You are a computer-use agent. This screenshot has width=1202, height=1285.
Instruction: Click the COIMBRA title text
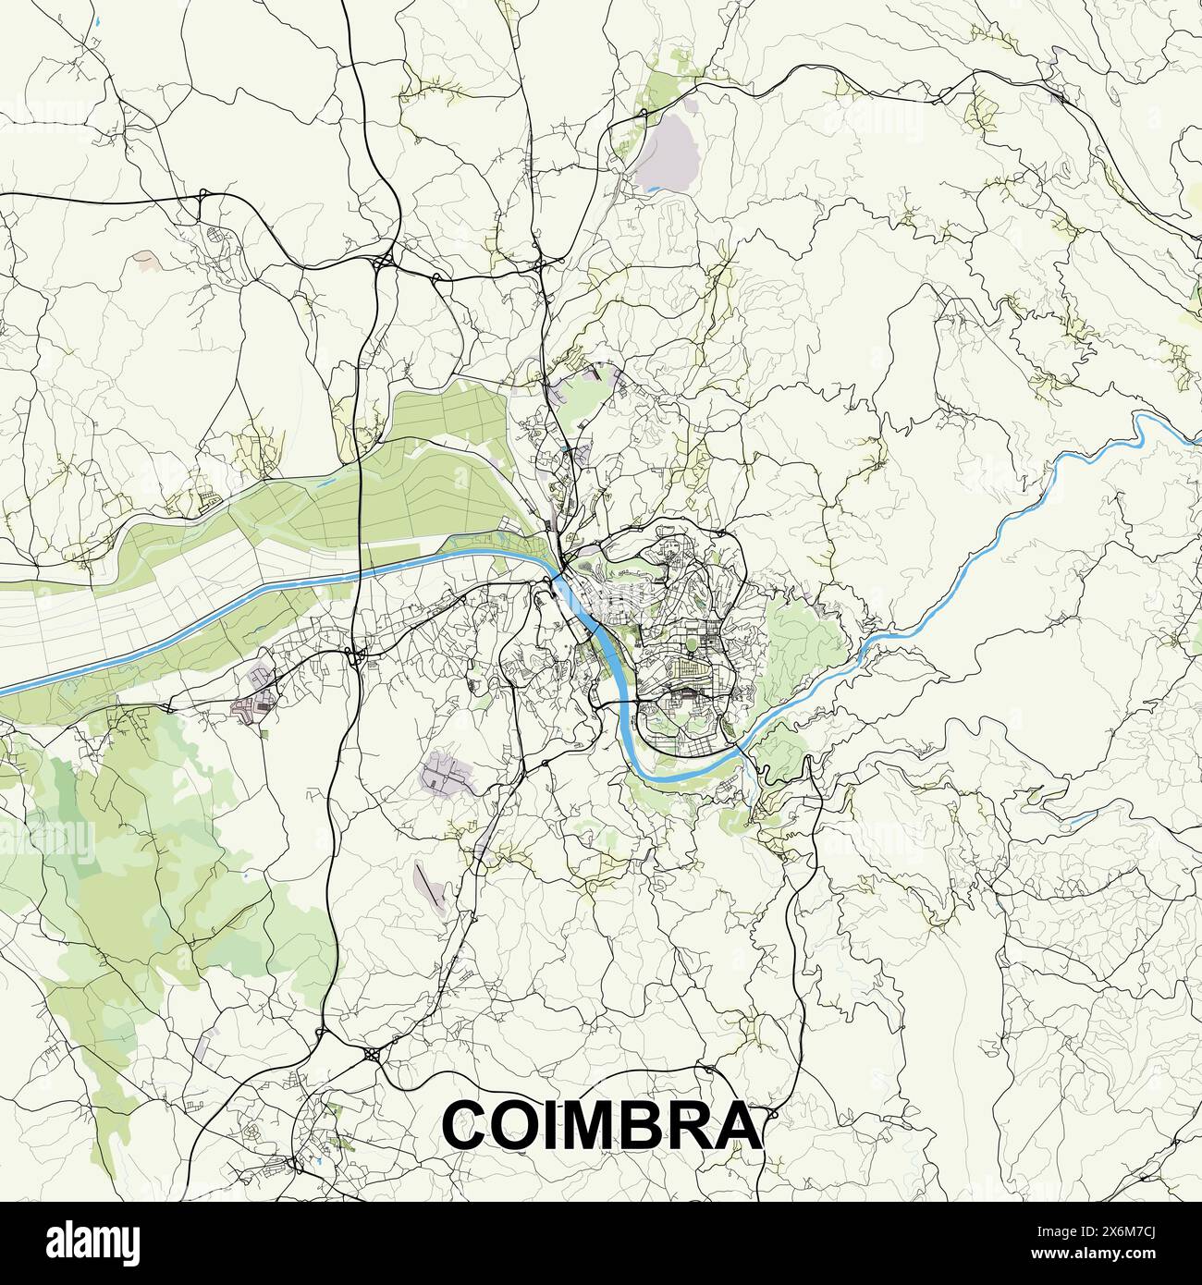pos(602,1124)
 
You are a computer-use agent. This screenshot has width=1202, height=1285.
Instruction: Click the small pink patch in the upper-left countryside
pos(146,260)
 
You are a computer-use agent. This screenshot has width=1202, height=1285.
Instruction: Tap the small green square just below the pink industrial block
pos(264,733)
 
